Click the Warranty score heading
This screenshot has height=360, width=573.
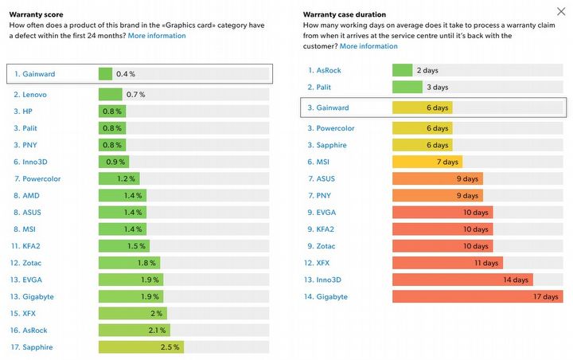pos(37,14)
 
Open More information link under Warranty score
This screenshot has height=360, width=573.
pos(157,36)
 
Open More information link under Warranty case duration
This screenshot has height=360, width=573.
pos(368,46)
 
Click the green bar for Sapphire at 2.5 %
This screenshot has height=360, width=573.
pos(140,346)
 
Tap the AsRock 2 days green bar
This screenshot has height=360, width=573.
pos(402,70)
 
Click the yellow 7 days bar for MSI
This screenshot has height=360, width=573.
pos(426,162)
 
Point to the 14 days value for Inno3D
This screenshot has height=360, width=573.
pos(515,280)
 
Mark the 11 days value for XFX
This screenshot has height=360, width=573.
pos(485,263)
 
